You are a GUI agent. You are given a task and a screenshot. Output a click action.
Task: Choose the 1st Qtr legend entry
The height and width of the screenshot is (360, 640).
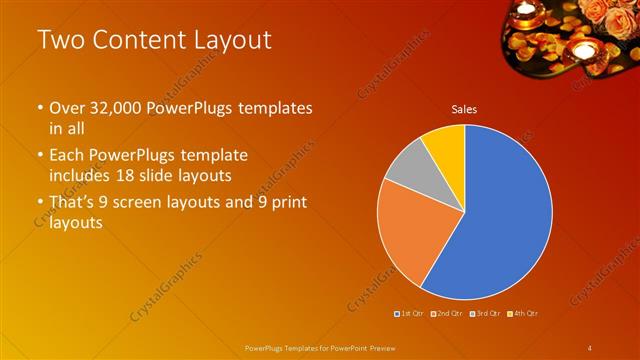409,314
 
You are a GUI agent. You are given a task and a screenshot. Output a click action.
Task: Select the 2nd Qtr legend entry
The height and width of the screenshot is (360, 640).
446,314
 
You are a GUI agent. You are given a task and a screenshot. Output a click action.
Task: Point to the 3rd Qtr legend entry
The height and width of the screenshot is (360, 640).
483,314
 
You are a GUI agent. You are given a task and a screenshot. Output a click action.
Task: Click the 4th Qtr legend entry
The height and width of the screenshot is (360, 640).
521,314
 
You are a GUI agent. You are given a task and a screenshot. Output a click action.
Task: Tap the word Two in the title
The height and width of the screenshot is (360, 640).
62,41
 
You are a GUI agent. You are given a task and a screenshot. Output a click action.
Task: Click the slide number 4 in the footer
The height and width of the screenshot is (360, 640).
590,347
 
